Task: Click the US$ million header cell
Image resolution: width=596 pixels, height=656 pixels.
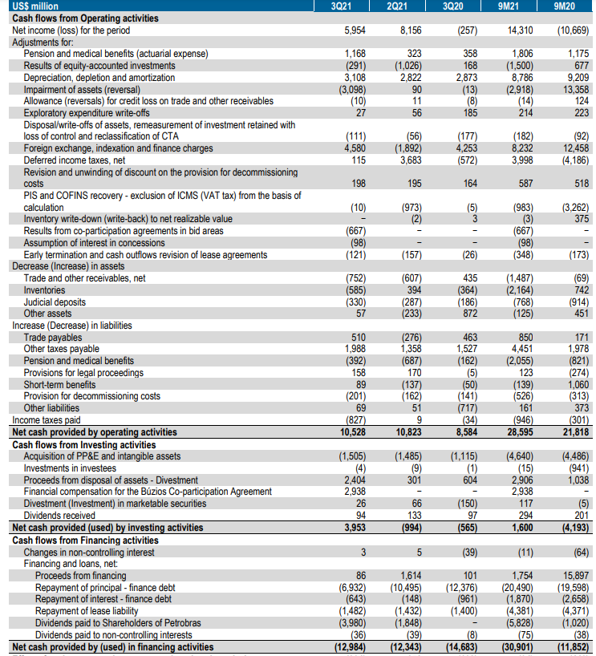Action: [36, 6]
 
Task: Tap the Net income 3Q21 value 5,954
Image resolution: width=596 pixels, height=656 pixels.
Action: [354, 30]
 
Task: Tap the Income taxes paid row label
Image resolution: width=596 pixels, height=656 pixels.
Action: [46, 419]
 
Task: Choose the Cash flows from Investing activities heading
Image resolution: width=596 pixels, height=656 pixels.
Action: [84, 443]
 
